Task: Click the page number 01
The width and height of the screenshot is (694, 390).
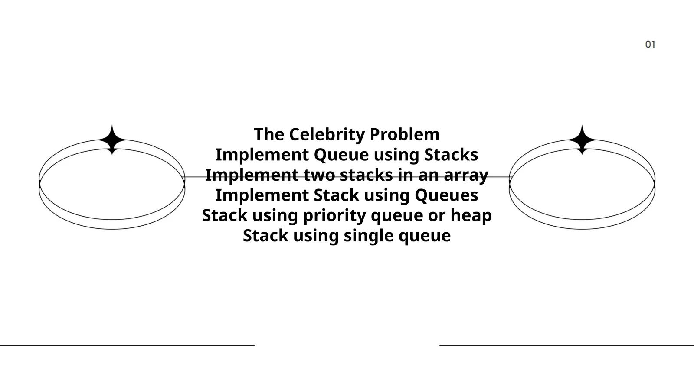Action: pos(650,44)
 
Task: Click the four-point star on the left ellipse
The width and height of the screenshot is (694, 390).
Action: pos(112,140)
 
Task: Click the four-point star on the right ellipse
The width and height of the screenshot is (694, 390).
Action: pos(582,140)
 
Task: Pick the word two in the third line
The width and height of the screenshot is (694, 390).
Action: pos(319,175)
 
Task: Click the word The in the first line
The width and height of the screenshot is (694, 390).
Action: pos(269,134)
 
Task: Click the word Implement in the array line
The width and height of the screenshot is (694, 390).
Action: pos(251,175)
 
